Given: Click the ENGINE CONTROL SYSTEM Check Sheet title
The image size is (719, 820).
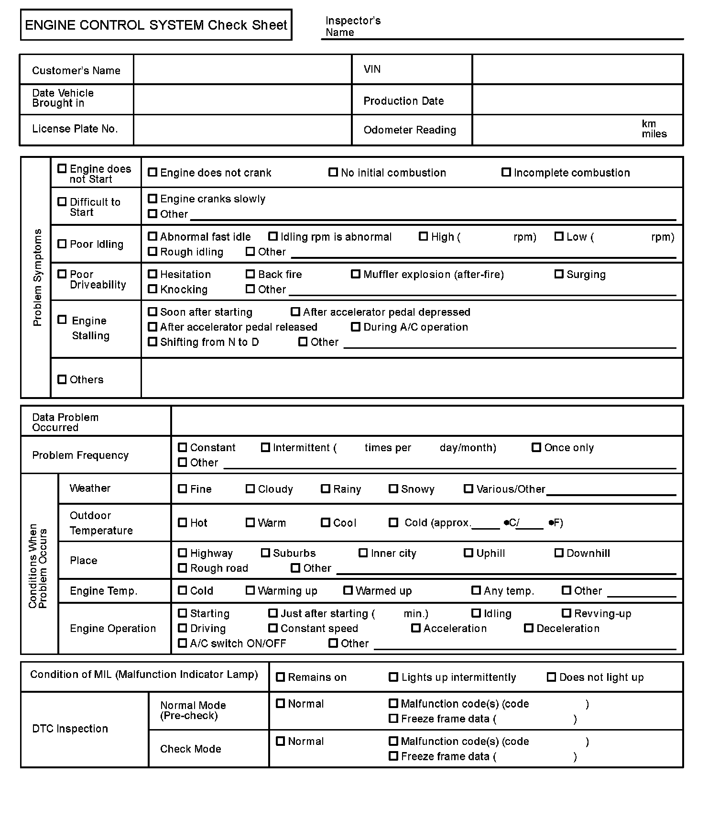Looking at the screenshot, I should (156, 25).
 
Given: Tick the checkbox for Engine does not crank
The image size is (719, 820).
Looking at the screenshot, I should (153, 172).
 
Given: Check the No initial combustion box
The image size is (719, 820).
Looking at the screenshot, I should (333, 172).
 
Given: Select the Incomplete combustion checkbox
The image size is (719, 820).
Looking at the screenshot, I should (506, 172).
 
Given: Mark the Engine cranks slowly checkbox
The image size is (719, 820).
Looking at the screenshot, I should (153, 199).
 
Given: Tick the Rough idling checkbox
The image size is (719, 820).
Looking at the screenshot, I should (153, 251).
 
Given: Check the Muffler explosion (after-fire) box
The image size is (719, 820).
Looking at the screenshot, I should (356, 274).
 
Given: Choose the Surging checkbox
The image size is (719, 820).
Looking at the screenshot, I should (559, 274).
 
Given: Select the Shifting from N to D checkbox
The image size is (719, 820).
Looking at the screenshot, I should (153, 342).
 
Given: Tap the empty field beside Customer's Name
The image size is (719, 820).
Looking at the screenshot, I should (242, 70).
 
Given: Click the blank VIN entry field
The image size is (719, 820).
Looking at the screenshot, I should (577, 70).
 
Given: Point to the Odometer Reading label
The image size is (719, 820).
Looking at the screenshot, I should (410, 130).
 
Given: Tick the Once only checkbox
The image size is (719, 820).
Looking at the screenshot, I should (536, 447).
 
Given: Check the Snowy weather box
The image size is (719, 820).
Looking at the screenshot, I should (393, 489).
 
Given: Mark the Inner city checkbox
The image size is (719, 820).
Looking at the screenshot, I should (363, 553).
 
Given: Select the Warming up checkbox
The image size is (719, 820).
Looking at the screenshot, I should (250, 590).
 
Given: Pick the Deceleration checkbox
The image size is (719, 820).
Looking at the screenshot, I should (529, 628).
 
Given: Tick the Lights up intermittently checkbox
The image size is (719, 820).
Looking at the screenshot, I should (393, 677).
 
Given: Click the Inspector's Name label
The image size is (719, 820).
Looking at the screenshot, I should (353, 26).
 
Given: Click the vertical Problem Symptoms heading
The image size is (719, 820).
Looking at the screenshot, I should (37, 277).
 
